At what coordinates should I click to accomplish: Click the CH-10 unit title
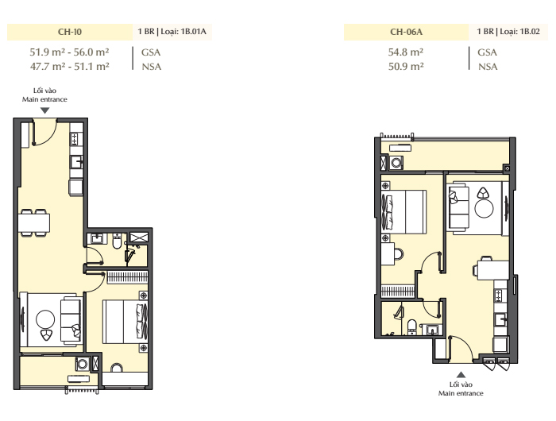[x=70, y=32]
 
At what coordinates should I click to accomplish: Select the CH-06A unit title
[x=406, y=32]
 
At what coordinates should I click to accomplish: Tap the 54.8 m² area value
[x=406, y=52]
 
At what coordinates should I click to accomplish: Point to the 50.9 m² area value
[x=406, y=66]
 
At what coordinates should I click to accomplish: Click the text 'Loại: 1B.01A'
[x=183, y=32]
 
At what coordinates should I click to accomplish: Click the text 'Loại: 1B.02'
[x=519, y=32]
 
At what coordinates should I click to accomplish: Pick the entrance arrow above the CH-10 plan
[x=44, y=110]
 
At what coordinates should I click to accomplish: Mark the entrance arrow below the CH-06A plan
[x=461, y=375]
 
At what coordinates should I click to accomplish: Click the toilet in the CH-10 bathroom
[x=117, y=241]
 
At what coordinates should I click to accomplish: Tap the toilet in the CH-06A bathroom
[x=411, y=326]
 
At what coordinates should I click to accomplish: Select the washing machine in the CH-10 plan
[x=83, y=364]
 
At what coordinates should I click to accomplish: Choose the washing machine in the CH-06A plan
[x=396, y=163]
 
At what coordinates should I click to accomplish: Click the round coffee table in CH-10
[x=45, y=319]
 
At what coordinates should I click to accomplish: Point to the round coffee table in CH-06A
[x=484, y=208]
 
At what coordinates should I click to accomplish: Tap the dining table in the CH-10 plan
[x=34, y=222]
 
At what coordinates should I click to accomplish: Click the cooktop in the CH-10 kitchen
[x=75, y=139]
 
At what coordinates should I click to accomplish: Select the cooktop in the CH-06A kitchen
[x=499, y=295]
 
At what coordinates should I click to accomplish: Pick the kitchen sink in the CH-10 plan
[x=76, y=162]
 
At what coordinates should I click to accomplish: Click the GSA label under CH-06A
[x=487, y=52]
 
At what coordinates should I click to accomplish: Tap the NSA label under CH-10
[x=152, y=67]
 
